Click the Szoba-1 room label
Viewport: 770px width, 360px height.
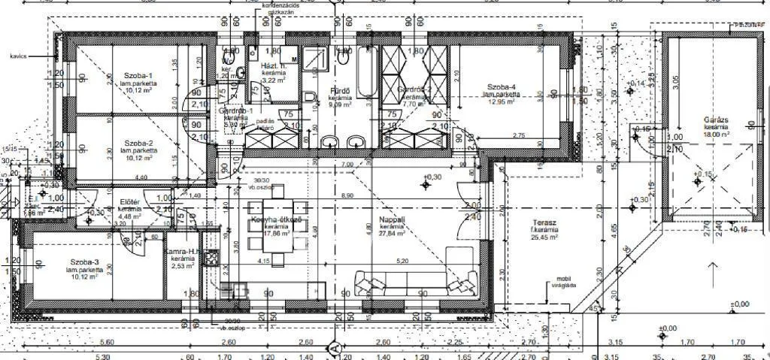pos(139,76)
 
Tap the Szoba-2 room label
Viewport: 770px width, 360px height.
pos(139,143)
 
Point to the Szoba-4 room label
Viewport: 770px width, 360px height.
pos(500,87)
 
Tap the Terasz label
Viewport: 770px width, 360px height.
pos(544,222)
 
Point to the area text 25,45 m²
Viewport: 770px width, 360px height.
pos(543,237)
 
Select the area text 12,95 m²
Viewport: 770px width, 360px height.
pos(499,101)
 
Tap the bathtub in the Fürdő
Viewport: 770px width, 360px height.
pos(366,71)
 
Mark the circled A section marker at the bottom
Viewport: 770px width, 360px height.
pos(335,348)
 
